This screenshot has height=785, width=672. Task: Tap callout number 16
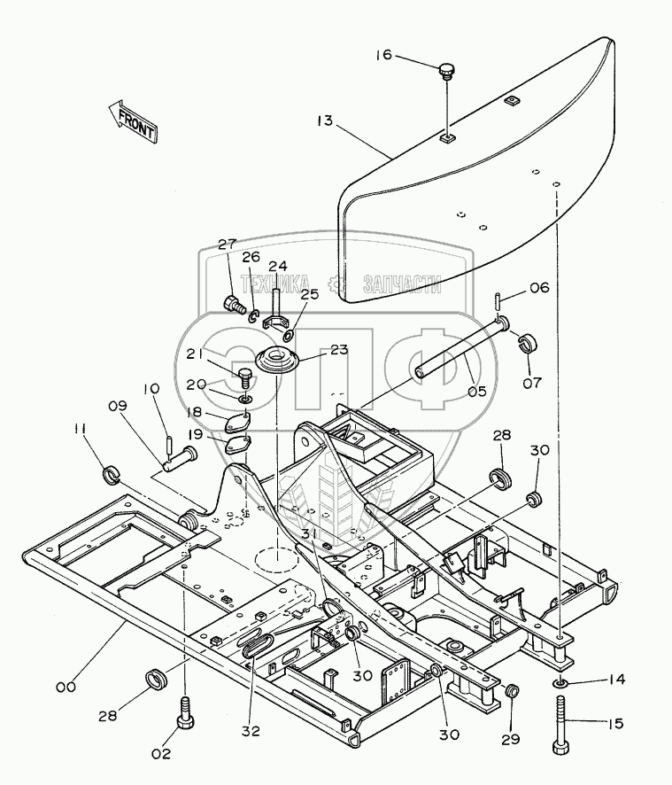(x=382, y=56)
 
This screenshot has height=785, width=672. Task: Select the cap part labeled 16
(x=448, y=68)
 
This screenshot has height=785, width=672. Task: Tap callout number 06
(x=539, y=287)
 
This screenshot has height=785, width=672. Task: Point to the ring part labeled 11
(x=113, y=475)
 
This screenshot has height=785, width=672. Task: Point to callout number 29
(x=513, y=739)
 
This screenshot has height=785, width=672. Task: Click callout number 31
(x=306, y=534)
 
